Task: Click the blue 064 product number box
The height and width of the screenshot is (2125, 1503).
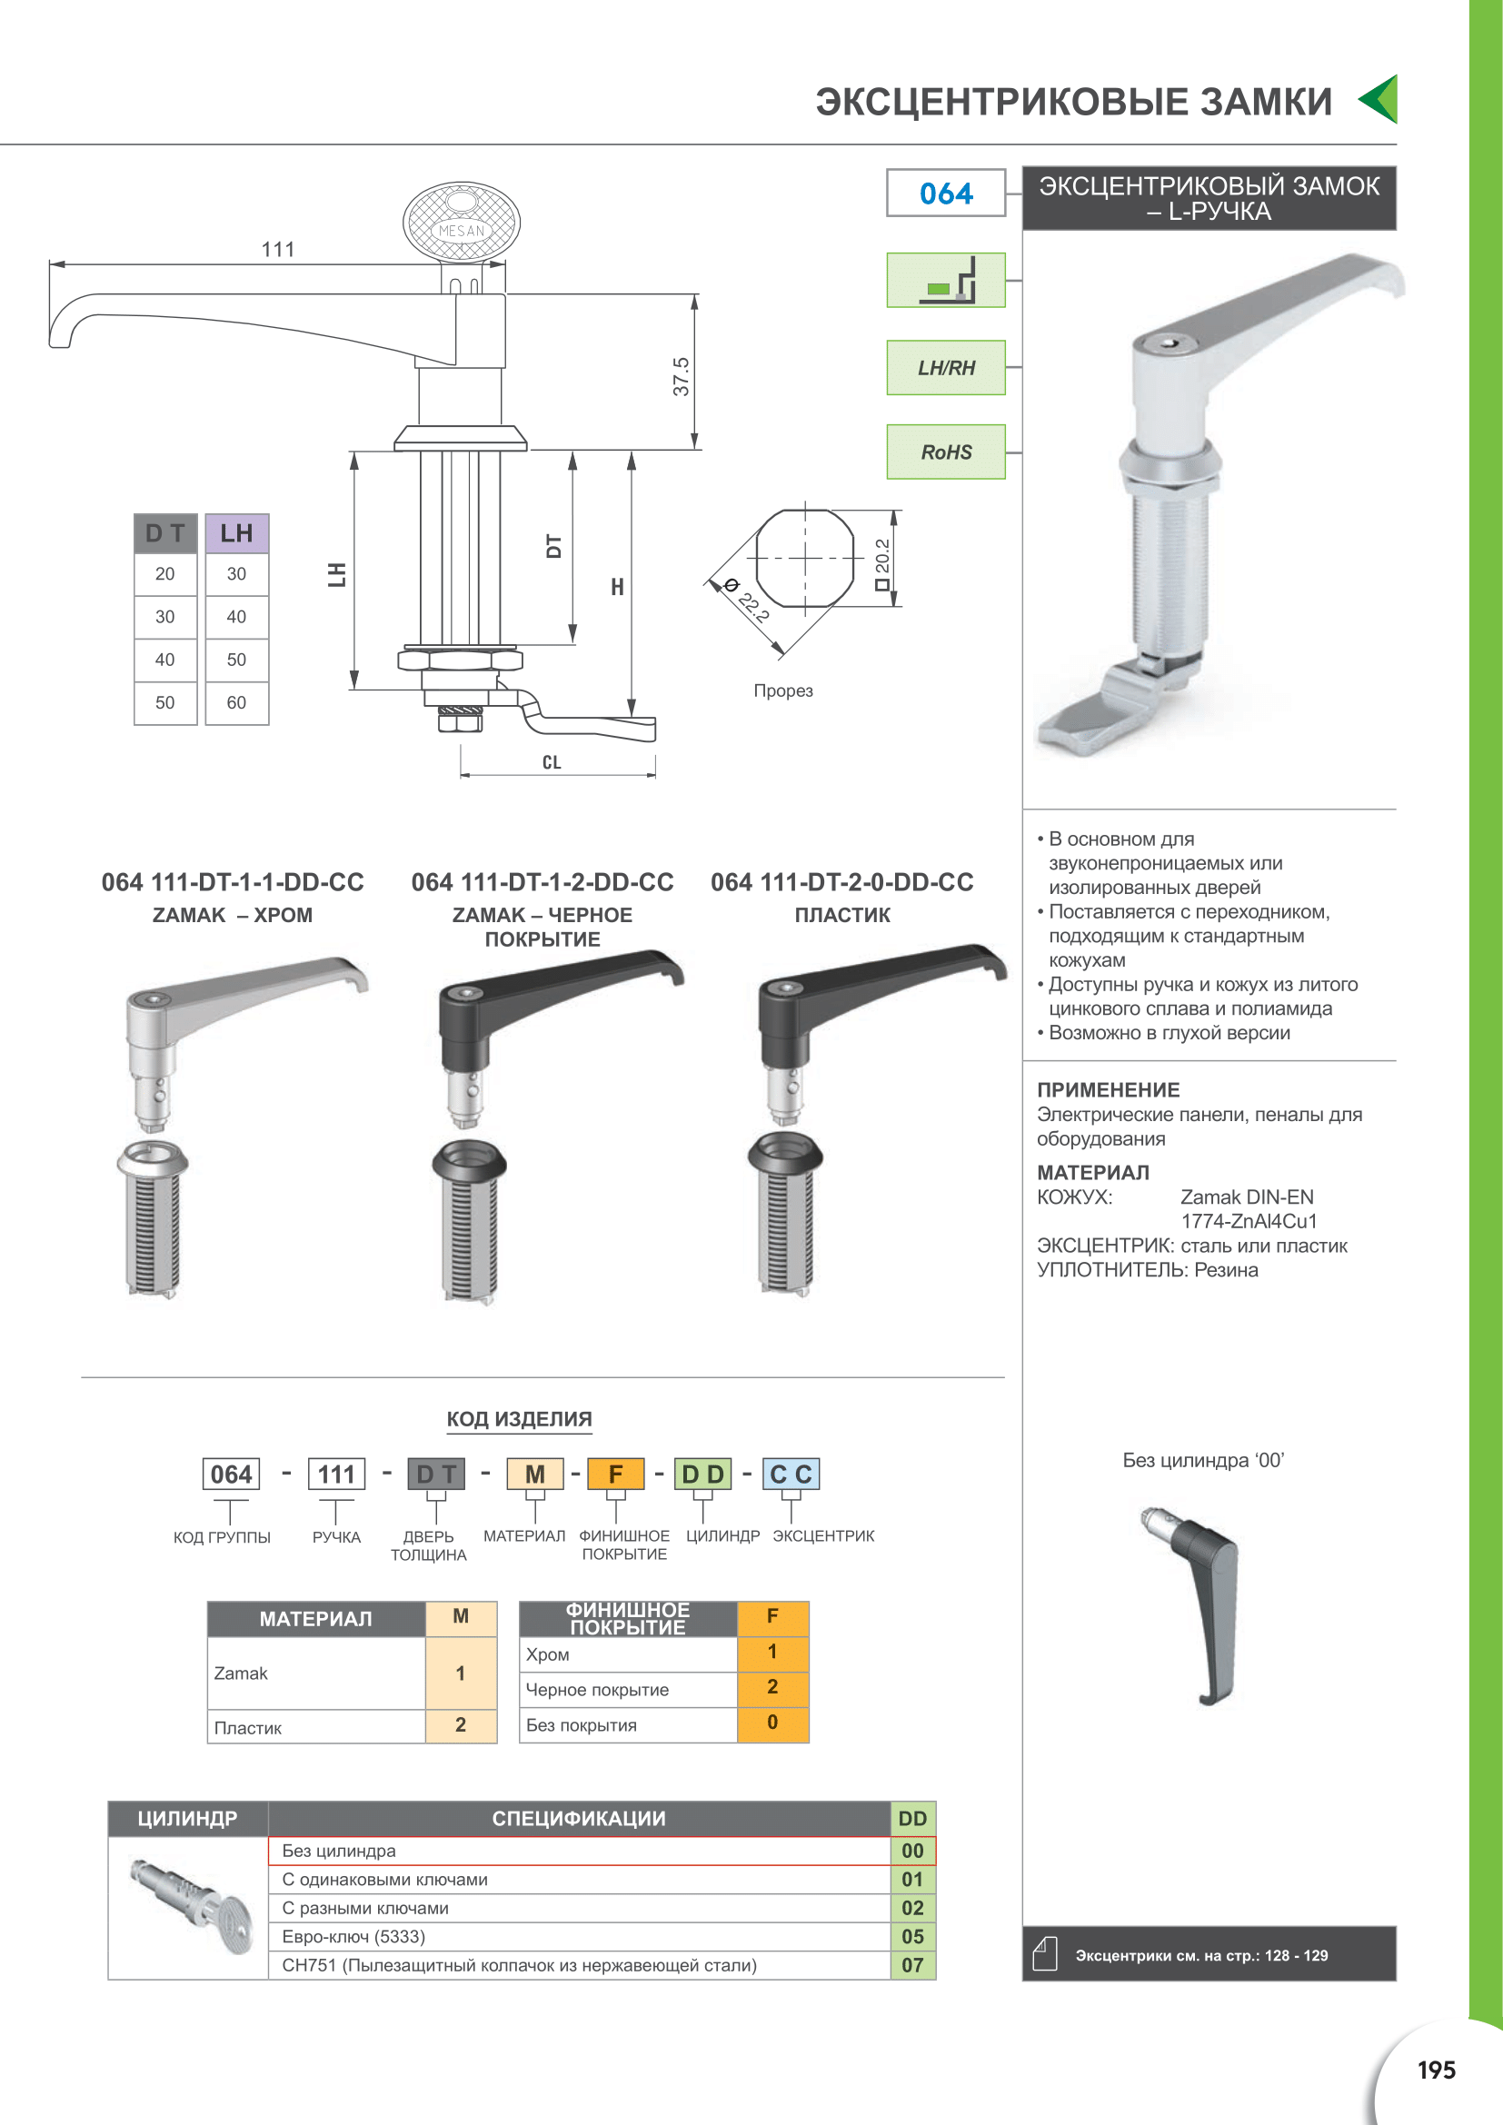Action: (946, 193)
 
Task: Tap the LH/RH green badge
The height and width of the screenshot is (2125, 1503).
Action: (946, 367)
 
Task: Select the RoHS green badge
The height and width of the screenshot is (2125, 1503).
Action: (946, 452)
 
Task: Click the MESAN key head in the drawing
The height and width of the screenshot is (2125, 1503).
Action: (461, 222)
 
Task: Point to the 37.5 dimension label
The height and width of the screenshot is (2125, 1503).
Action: (682, 377)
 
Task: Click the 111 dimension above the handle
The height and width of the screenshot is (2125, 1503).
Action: (278, 249)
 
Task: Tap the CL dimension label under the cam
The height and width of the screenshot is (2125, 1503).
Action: (552, 762)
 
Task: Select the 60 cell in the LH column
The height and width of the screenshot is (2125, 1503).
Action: (237, 702)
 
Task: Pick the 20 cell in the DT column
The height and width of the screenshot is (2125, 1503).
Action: (164, 574)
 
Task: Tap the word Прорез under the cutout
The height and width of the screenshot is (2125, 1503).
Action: (783, 690)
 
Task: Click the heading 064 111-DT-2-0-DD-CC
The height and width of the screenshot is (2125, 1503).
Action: (841, 882)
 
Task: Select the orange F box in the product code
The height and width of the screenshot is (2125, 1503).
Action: (615, 1474)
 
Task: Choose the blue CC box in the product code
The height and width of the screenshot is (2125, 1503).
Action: (791, 1474)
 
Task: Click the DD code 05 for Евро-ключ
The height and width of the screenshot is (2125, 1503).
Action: (912, 1936)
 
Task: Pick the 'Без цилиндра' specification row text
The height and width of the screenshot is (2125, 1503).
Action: (339, 1850)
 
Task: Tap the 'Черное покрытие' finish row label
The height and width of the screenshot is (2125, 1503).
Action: (597, 1689)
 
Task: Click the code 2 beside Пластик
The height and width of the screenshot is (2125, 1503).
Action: (460, 1724)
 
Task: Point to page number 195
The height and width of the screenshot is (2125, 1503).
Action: (1436, 2070)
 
